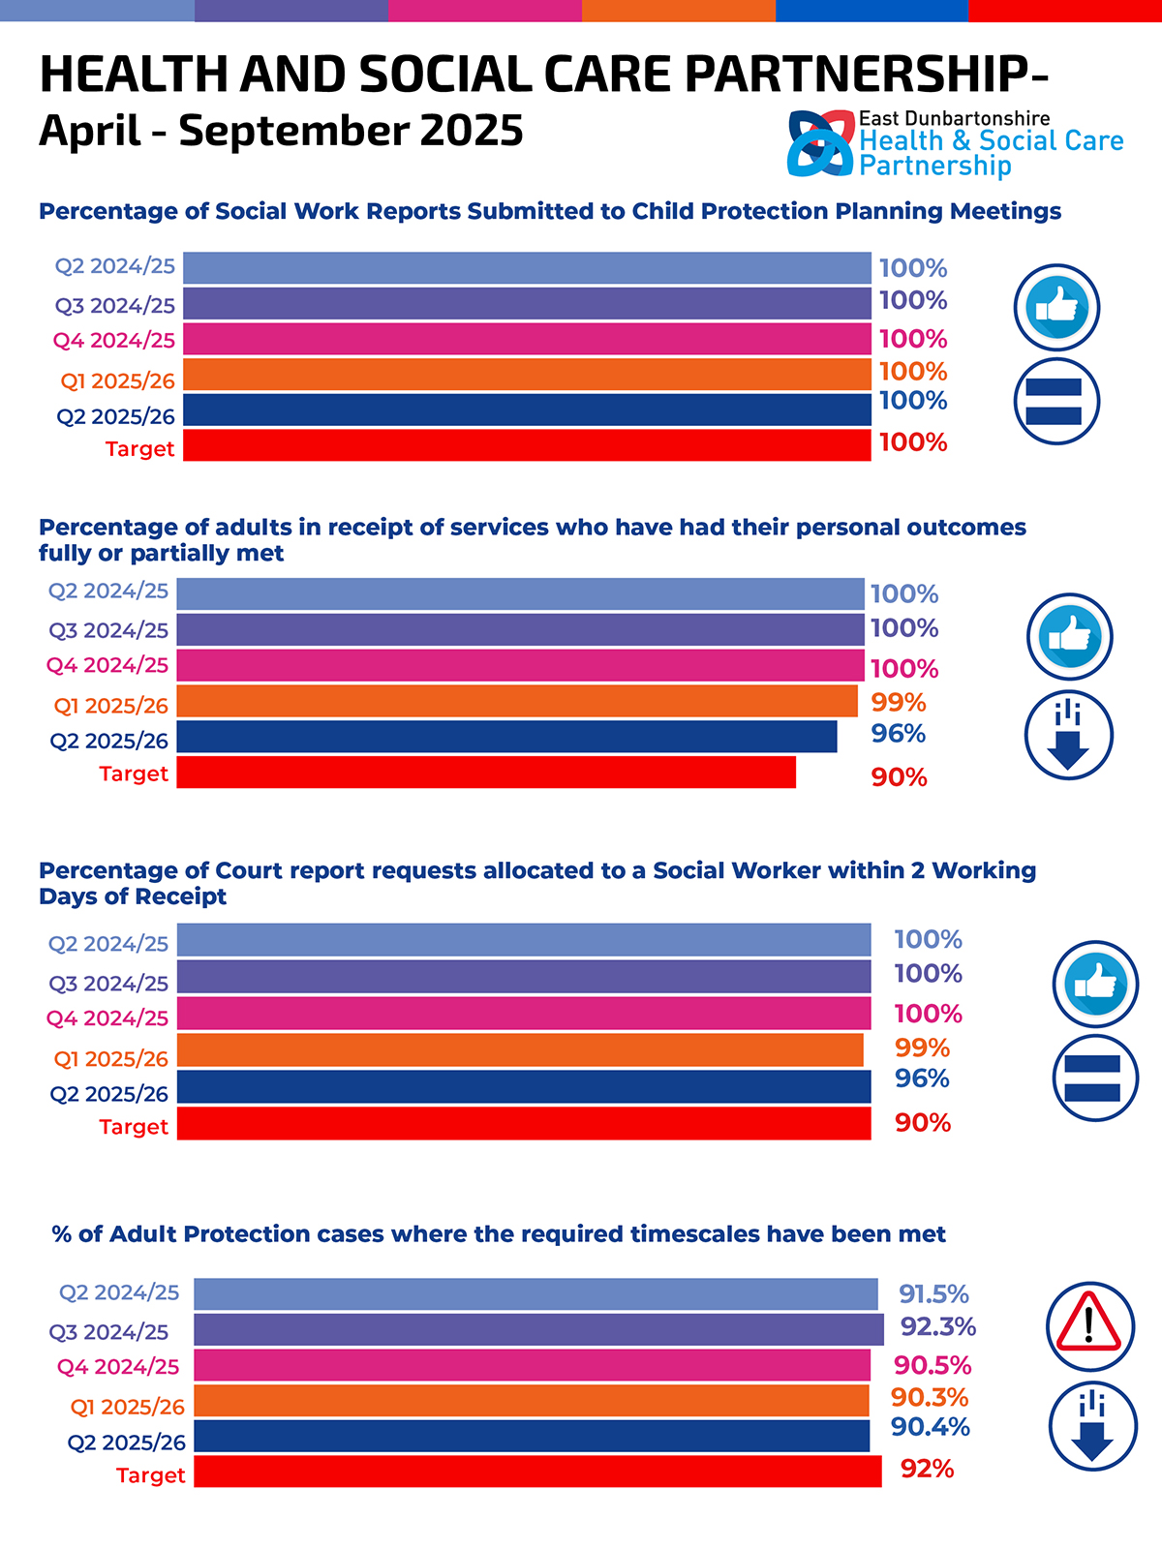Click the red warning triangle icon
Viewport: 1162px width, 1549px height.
tap(1089, 1323)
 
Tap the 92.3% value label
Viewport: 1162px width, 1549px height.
tap(937, 1326)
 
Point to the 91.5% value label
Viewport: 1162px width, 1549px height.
tap(933, 1293)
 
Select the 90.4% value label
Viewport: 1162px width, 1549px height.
tap(930, 1426)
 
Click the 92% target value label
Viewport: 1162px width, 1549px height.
tap(927, 1469)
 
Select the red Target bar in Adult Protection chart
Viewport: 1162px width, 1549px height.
tap(537, 1472)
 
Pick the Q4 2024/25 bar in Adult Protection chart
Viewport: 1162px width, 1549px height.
tap(532, 1365)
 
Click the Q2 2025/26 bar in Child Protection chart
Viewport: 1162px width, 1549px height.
tap(527, 410)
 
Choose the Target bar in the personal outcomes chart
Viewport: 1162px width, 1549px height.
tap(486, 773)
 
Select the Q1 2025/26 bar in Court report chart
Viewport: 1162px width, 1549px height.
tap(520, 1050)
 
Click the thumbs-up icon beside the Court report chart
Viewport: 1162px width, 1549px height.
tap(1095, 984)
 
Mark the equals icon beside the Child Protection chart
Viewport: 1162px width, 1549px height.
tap(1056, 401)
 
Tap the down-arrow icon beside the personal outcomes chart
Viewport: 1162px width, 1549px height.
tap(1068, 735)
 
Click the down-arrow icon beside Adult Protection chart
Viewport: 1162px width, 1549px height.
tap(1092, 1426)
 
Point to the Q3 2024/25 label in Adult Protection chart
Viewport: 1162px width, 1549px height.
tap(108, 1332)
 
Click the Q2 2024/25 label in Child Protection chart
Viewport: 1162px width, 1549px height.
tap(114, 266)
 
